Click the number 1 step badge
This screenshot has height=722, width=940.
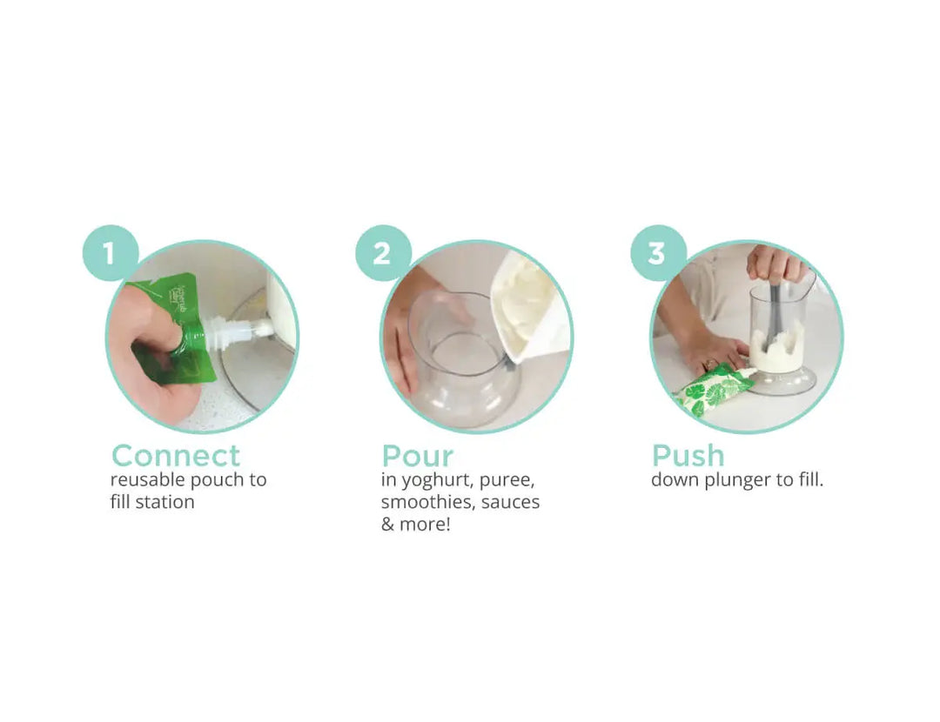tap(111, 253)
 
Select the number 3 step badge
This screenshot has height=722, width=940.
tap(657, 253)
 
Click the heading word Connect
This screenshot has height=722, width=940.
tap(175, 455)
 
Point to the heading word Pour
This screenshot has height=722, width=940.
tap(417, 455)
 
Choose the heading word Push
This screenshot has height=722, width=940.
tap(688, 455)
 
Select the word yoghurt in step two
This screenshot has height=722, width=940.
tap(440, 479)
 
